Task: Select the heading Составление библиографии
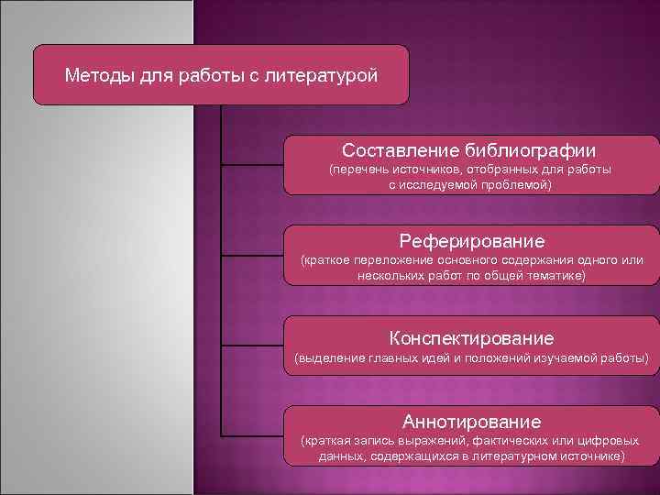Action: tap(469, 149)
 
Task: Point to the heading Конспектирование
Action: tap(471, 337)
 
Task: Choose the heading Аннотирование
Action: tap(471, 422)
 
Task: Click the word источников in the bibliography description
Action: tap(429, 170)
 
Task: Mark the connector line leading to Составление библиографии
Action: tap(252, 165)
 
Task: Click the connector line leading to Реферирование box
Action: tap(252, 257)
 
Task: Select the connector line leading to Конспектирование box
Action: tap(252, 347)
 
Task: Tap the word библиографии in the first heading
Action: tap(533, 149)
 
